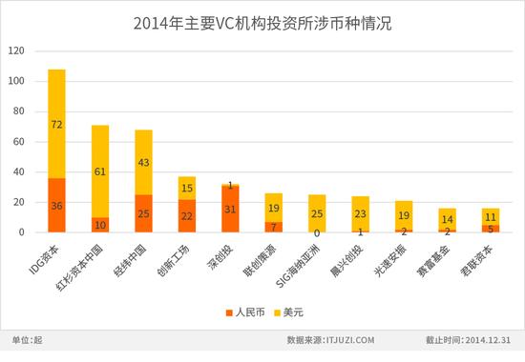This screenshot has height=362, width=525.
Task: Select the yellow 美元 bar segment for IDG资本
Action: [x=56, y=124]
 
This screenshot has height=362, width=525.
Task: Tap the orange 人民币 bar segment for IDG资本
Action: [x=56, y=206]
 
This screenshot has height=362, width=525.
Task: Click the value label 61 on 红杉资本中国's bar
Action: [x=100, y=172]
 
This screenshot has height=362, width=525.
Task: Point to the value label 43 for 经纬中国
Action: [x=143, y=163]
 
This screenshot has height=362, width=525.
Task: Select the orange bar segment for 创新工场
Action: [x=186, y=216]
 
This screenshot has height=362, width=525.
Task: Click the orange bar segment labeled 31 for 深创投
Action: [x=230, y=210]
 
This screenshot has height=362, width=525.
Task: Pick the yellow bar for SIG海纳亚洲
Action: [x=317, y=213]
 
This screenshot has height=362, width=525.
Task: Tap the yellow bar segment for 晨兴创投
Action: [x=360, y=213]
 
